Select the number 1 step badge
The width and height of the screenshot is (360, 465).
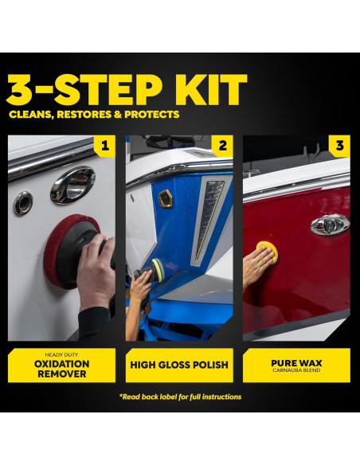coord(105,146)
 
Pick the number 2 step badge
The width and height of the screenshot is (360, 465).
coord(222,146)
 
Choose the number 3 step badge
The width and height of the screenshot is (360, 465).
coord(340,146)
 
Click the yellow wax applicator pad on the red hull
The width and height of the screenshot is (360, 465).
coord(268,251)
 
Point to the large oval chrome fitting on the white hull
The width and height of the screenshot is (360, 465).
coord(73,185)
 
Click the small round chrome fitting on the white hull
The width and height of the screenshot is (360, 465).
coord(23,203)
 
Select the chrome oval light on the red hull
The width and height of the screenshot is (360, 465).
coord(330,225)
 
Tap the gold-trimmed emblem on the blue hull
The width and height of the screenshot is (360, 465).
coord(166,198)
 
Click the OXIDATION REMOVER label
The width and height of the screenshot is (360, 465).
coord(61,369)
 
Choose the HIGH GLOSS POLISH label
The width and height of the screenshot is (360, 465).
coord(179,365)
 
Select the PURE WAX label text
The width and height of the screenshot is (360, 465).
coord(296,363)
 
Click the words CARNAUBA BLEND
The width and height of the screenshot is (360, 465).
coord(296,370)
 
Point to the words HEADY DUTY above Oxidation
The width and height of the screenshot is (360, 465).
coord(61,354)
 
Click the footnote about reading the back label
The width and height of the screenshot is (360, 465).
coord(180,397)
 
